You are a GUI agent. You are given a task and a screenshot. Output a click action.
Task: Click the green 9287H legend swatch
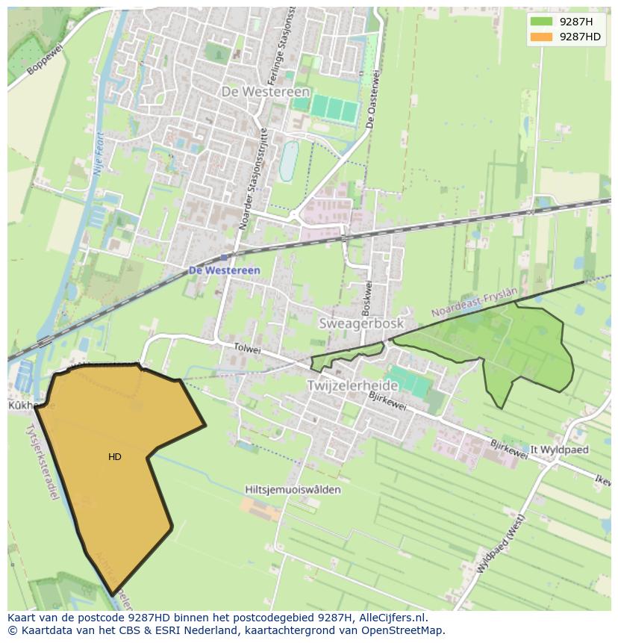tap(541, 22)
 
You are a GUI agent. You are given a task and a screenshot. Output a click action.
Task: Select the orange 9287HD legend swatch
tap(541, 37)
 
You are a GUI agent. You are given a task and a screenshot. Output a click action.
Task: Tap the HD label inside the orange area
tap(115, 457)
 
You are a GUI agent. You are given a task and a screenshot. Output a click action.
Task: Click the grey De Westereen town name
tap(265, 91)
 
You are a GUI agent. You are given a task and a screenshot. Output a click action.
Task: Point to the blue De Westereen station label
tap(224, 270)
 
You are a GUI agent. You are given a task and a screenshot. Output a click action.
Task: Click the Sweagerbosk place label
tap(361, 323)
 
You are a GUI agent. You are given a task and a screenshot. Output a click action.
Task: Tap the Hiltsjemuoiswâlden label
tap(293, 490)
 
